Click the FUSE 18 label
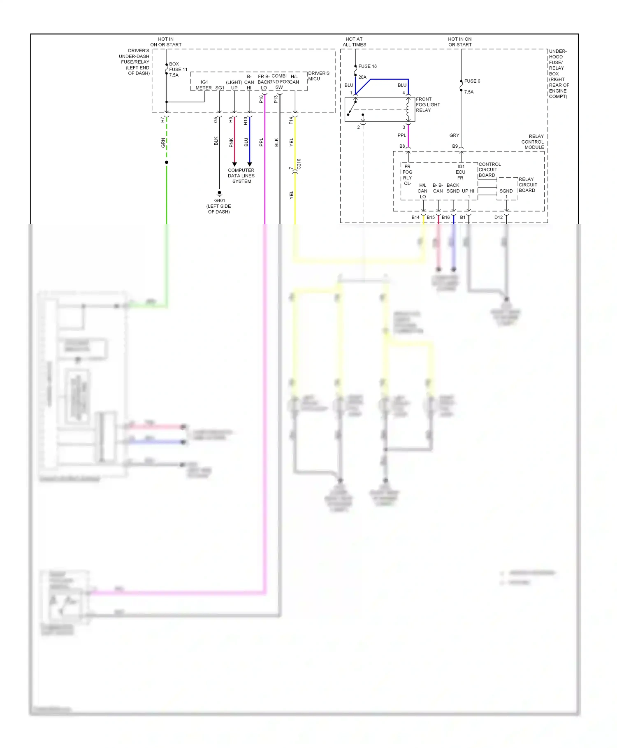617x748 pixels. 367,66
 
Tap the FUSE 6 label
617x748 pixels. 472,81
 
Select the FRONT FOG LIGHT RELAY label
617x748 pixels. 428,105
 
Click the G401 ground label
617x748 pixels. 219,201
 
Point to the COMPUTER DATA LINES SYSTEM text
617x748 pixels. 241,176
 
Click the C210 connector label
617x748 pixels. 299,164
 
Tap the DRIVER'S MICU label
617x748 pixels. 318,76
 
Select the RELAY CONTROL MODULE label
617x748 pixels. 533,142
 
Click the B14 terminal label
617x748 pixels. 415,217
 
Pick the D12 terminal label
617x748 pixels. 498,217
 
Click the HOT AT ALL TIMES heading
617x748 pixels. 354,42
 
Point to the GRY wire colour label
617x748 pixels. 454,135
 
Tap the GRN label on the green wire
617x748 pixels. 163,143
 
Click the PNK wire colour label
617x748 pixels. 231,142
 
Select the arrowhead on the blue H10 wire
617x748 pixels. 250,164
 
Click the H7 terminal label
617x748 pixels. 162,120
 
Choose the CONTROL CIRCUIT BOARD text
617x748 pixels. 489,170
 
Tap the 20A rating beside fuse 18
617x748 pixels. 362,77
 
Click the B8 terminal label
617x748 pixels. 402,146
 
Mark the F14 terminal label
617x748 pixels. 291,120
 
